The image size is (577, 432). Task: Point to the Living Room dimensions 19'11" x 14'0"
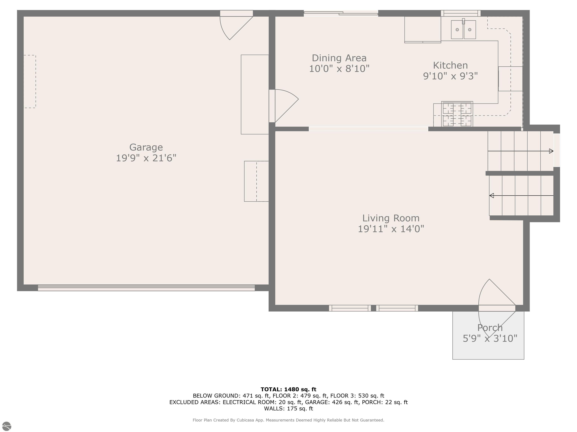390,229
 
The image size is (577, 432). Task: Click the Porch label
490,328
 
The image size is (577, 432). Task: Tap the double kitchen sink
463,30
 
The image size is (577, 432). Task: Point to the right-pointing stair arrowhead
551,151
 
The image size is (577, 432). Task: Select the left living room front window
350,308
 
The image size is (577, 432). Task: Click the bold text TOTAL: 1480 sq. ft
288,389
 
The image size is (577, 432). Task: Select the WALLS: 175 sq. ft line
288,409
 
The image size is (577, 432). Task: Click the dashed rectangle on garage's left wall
30,82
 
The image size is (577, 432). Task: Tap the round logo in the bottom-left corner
7,426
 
